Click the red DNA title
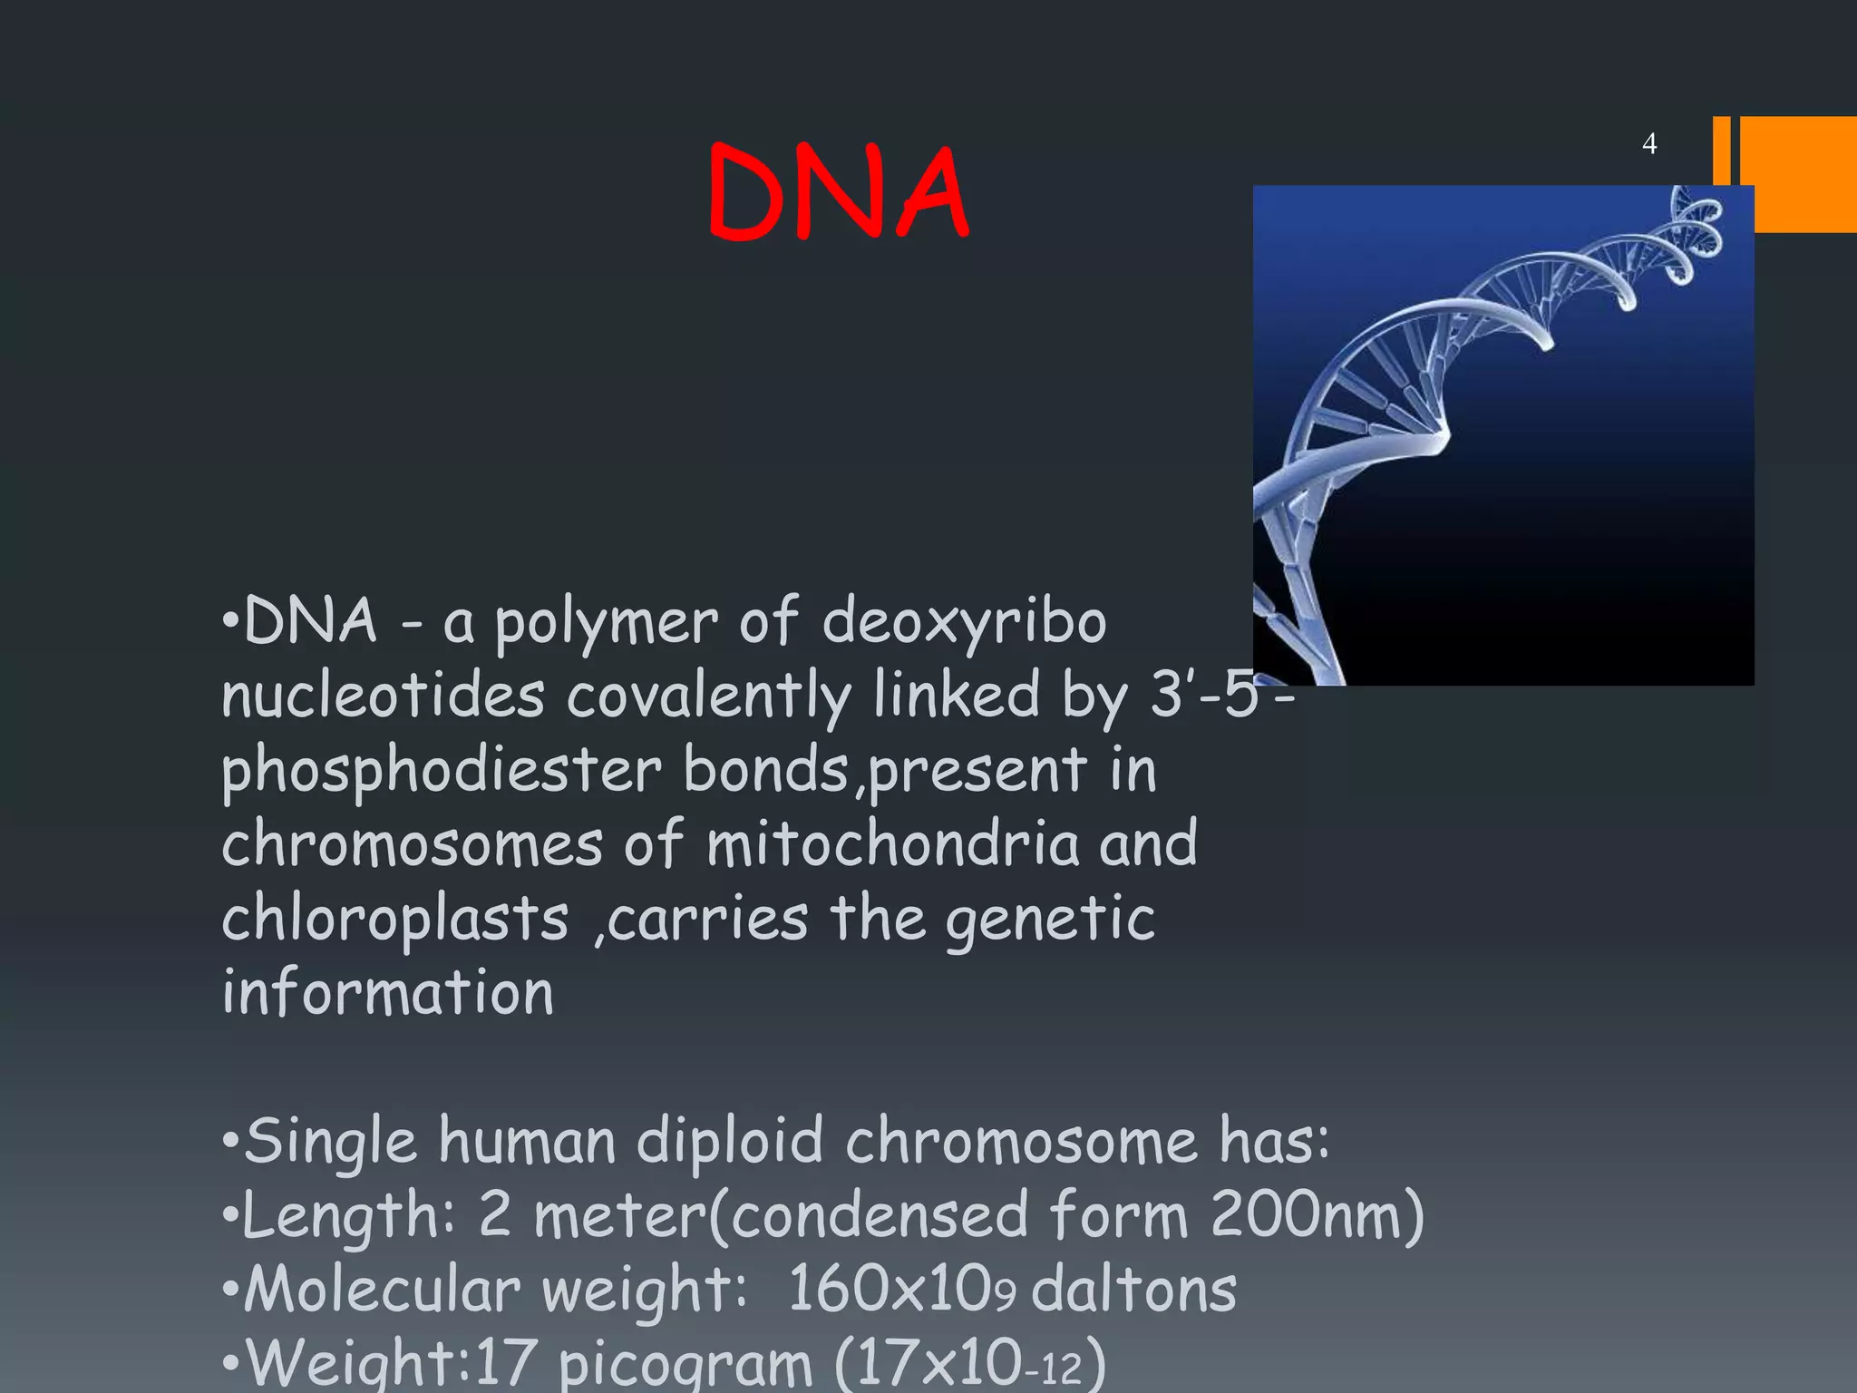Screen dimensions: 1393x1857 coord(838,192)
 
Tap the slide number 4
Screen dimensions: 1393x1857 coord(1649,143)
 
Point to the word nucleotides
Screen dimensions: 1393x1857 coord(383,696)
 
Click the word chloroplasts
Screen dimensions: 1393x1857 coord(395,921)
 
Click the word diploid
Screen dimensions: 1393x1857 coord(730,1143)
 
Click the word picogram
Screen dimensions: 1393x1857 coord(685,1365)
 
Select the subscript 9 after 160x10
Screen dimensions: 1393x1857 coord(1005,1297)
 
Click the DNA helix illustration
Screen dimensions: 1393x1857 coord(1502,435)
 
